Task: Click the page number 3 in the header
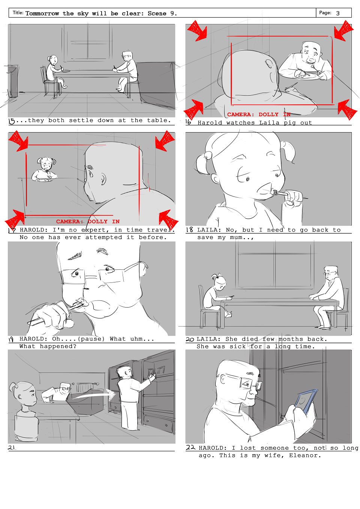point(338,14)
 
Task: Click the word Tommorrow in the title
point(42,14)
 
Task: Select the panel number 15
point(12,121)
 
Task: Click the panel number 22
point(190,447)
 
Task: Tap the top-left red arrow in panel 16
point(197,30)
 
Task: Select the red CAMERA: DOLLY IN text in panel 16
point(259,114)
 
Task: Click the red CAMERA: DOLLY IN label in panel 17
point(88,222)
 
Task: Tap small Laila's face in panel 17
point(46,165)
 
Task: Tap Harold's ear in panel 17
point(103,179)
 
